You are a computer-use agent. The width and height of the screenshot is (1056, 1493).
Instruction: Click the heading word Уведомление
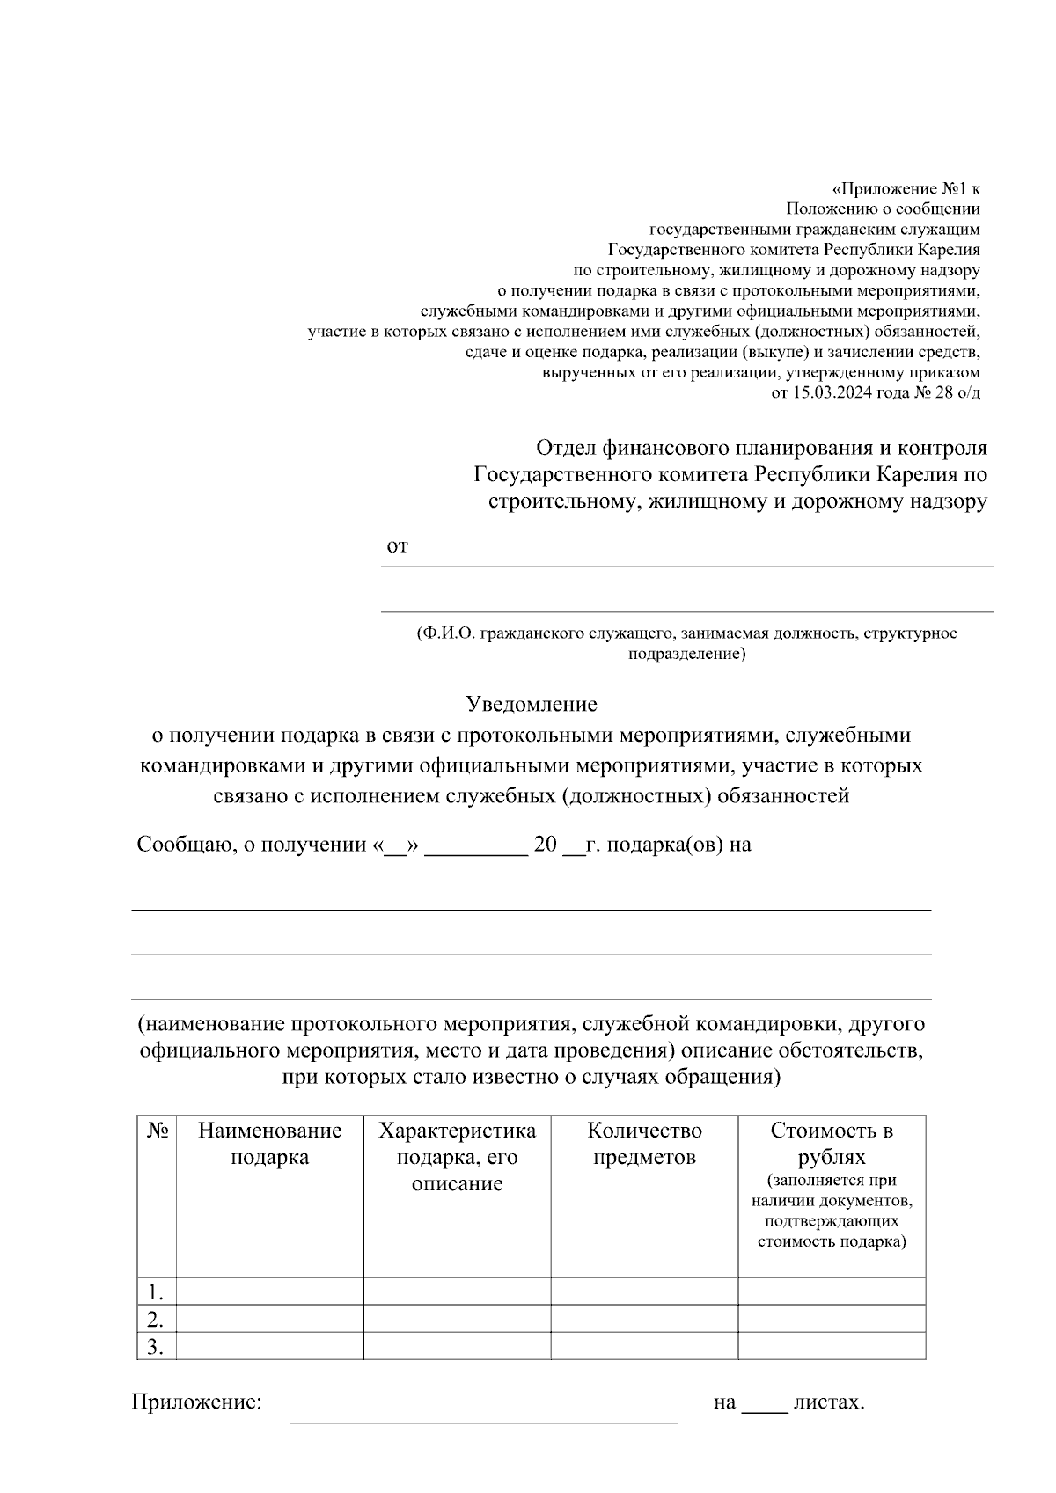pos(531,704)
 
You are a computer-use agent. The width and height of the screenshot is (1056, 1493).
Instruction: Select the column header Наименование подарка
pos(269,1143)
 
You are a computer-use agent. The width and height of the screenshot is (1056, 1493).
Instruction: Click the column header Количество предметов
pos(644,1143)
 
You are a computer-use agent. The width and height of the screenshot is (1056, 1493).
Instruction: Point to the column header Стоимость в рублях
pos(832,1143)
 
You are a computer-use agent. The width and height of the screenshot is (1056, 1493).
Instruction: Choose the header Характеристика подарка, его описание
pos(457,1156)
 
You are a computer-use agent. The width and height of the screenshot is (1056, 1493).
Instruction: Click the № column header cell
pos(157,1131)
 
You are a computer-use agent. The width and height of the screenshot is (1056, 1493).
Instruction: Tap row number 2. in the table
pos(156,1319)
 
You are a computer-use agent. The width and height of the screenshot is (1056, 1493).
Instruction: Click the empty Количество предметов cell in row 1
pos(644,1292)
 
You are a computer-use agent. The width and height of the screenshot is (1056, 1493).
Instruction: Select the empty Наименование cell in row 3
pos(269,1346)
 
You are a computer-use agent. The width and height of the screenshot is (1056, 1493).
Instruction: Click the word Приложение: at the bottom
pos(197,1402)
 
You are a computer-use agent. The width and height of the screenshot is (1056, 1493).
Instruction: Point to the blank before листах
pos(765,1404)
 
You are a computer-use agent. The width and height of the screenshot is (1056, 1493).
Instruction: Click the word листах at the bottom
pos(828,1402)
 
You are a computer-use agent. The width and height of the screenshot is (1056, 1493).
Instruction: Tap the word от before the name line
pos(397,546)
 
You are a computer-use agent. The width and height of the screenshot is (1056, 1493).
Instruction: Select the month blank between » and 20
pos(476,846)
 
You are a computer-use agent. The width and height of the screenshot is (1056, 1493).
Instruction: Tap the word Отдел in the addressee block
pos(566,448)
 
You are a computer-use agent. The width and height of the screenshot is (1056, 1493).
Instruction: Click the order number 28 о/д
pos(957,392)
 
